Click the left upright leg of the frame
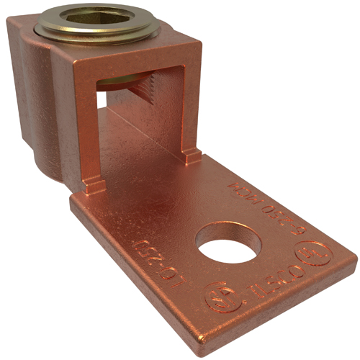88,130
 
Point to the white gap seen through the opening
102,100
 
